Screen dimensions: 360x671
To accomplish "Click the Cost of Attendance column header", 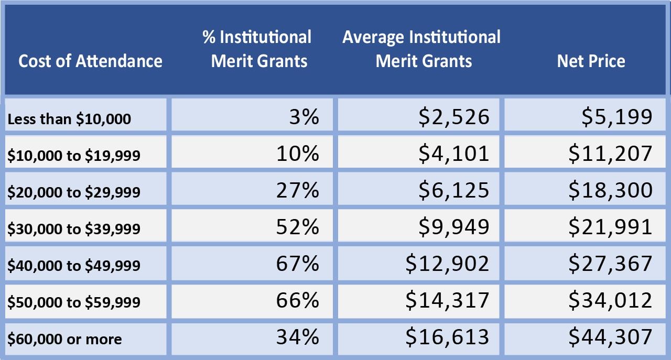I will coord(90,61).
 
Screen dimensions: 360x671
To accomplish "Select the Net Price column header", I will coord(591,61).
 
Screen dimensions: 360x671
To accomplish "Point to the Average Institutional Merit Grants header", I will coord(421,49).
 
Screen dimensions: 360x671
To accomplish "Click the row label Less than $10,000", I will coord(69,119).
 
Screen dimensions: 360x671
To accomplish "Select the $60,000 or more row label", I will coord(64,339).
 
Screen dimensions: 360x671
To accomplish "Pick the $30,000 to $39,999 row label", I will coord(74,229).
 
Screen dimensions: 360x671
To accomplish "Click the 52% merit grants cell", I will coord(297,227).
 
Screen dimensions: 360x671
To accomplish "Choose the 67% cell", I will coord(297,264).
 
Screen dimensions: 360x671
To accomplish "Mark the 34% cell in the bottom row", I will coord(297,337).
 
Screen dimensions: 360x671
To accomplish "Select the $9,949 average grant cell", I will coord(453,227).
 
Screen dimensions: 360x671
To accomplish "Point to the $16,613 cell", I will coord(447,337).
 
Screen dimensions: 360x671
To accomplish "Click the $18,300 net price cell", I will coord(611,190).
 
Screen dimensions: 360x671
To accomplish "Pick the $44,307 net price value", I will coord(611,337).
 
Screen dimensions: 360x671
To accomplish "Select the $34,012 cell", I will coord(611,300).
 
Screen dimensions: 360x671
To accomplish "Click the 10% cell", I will coord(297,154).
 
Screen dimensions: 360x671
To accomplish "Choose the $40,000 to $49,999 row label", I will coord(74,266).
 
